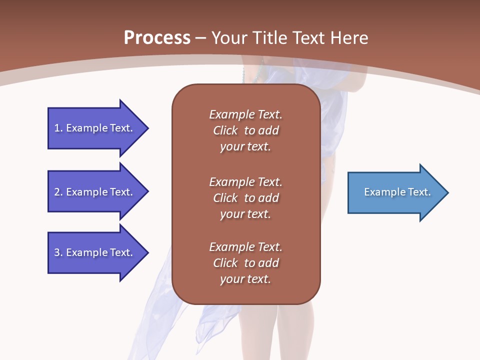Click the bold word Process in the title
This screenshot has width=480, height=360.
point(157,38)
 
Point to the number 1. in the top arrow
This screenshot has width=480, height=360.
point(58,128)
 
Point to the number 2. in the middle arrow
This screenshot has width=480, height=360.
point(58,192)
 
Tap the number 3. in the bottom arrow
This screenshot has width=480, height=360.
point(58,252)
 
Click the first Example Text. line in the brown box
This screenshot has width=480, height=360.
point(245,114)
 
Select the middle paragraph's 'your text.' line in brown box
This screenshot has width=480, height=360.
point(245,214)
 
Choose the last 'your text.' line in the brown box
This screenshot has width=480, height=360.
point(245,279)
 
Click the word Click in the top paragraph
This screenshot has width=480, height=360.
point(225,130)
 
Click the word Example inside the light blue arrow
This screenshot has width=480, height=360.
point(383,192)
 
